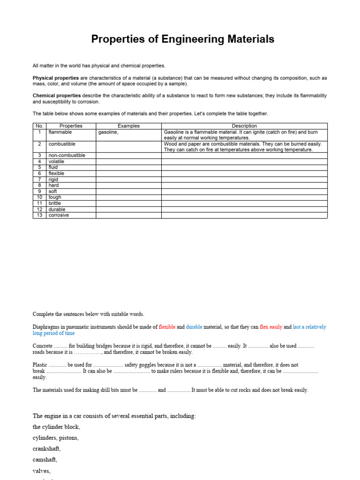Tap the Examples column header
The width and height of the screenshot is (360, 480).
click(128, 126)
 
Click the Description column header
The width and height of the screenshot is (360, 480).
click(244, 126)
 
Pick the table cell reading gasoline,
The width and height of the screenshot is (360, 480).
click(108, 132)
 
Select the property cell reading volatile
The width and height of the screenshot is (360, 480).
click(56, 161)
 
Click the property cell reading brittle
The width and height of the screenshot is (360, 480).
click(55, 203)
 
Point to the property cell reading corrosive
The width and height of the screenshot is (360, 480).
click(59, 215)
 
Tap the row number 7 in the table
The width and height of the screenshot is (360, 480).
click(40, 180)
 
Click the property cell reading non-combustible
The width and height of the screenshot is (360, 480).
click(67, 155)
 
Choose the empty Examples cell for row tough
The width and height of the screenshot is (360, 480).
click(128, 197)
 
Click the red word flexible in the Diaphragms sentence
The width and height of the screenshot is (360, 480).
click(167, 327)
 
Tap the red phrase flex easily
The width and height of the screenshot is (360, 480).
click(270, 327)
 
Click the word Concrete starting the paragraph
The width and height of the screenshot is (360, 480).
click(42, 346)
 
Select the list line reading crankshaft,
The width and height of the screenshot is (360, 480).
click(46, 449)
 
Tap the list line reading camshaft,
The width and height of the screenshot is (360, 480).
click(45, 460)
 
